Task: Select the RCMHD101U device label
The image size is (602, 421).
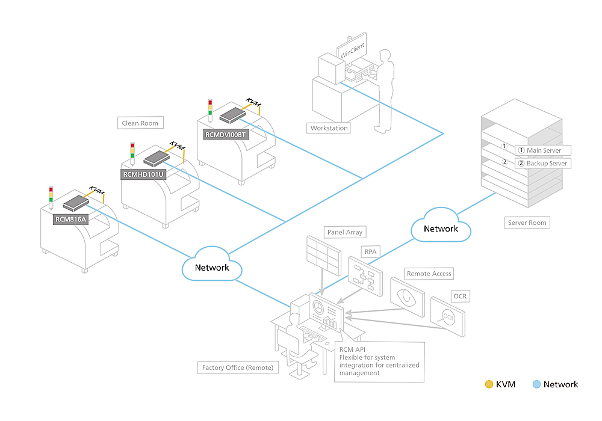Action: click(144, 176)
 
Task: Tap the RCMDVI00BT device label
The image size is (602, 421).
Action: click(225, 135)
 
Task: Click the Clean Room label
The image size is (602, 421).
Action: click(140, 123)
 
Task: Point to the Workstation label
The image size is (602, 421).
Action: click(329, 128)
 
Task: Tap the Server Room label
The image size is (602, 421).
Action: click(527, 223)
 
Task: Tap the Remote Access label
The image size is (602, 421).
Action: click(429, 274)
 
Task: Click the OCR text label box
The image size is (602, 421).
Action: click(460, 297)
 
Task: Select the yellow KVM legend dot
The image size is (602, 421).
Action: click(489, 384)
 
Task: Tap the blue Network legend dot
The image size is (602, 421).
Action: click(536, 384)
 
